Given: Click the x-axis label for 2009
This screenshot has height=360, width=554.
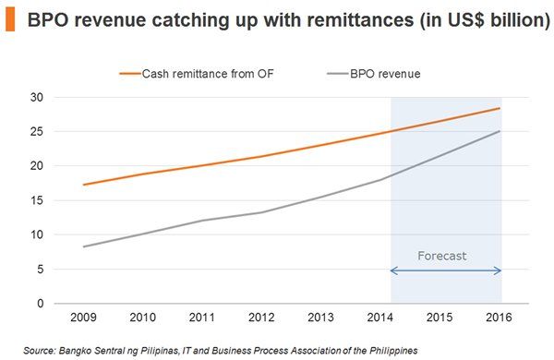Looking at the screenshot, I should tap(83, 318).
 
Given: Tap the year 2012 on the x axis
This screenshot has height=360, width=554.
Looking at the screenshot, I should tap(262, 318).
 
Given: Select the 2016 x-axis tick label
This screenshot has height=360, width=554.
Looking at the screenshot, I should tap(500, 318).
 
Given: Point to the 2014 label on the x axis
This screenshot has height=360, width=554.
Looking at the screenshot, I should tap(381, 318).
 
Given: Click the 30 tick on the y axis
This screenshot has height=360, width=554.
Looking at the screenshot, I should tap(38, 97).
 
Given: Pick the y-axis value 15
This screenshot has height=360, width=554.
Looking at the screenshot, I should tap(38, 200).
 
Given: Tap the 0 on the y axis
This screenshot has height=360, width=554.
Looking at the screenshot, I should tap(41, 304).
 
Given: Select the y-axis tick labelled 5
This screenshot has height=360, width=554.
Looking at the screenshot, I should tap(41, 270).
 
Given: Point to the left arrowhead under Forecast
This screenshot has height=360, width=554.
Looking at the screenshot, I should tap(394, 270).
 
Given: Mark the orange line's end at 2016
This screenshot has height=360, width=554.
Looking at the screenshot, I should tap(500, 108).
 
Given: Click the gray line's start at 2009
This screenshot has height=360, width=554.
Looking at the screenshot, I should tap(83, 246).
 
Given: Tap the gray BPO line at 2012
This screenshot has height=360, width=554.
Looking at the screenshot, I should tap(262, 212).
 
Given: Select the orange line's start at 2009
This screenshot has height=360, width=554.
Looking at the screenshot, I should tap(83, 185).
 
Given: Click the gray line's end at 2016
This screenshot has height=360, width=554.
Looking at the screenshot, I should tap(500, 131).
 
